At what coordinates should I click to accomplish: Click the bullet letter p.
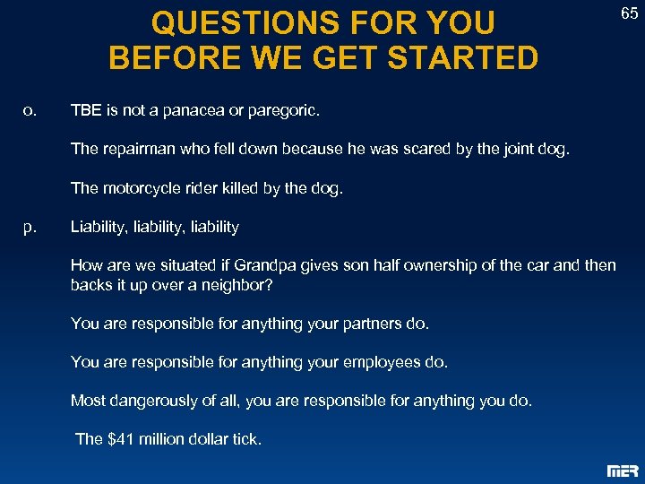click(x=30, y=227)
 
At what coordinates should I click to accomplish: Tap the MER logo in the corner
click(x=623, y=471)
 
